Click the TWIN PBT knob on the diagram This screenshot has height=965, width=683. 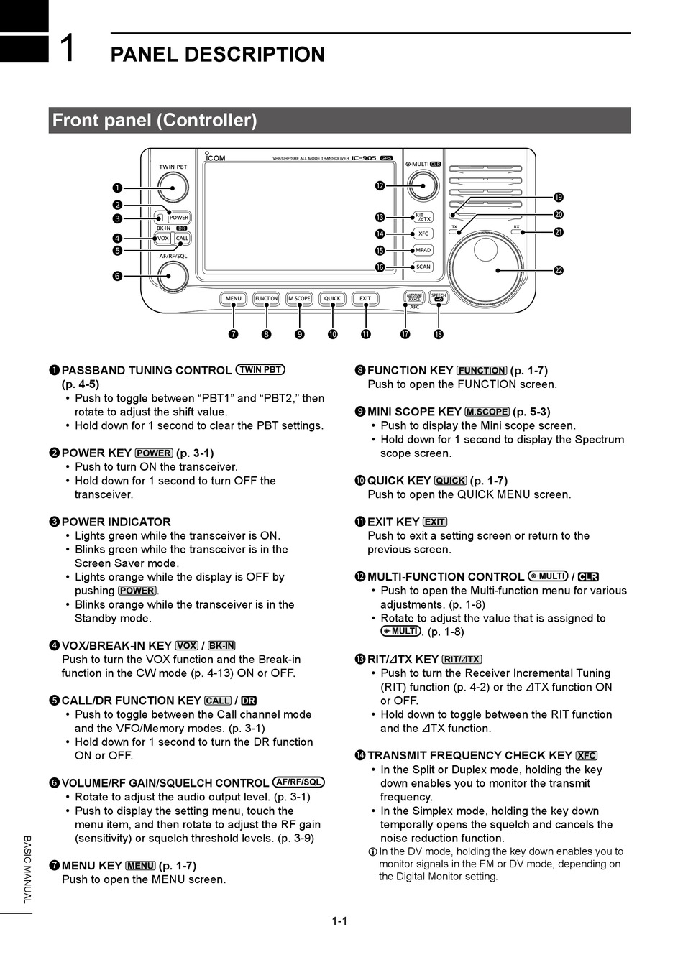click(173, 188)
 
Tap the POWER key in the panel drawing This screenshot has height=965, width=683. click(178, 217)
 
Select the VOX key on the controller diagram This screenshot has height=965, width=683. click(163, 239)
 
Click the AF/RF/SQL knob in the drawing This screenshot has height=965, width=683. click(173, 276)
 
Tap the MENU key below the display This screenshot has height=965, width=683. click(233, 298)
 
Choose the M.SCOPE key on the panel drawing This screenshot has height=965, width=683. click(299, 298)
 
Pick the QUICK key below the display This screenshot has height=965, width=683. click(332, 298)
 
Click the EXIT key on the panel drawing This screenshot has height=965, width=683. click(365, 298)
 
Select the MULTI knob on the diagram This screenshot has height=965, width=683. click(423, 186)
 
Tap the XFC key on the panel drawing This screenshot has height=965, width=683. click(423, 234)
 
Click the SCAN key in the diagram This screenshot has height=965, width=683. click(423, 267)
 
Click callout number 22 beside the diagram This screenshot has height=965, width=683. click(559, 271)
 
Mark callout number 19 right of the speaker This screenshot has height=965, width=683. click(559, 197)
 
